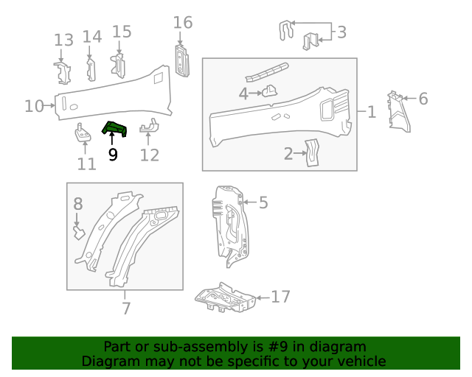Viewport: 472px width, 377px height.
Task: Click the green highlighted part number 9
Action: [x=114, y=129]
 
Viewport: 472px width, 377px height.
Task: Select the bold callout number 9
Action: [x=113, y=155]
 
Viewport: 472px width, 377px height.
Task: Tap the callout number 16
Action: [x=183, y=23]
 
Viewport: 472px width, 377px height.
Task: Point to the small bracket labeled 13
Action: [x=63, y=73]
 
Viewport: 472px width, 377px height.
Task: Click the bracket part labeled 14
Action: [x=91, y=70]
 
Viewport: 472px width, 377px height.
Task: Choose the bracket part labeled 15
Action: [x=118, y=66]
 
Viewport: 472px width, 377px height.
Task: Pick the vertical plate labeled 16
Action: [x=182, y=61]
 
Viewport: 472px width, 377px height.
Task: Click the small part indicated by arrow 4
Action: [x=270, y=91]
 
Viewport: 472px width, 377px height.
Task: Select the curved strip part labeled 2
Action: [x=312, y=152]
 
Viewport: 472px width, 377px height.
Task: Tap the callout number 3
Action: [x=341, y=32]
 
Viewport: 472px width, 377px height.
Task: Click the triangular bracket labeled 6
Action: [x=399, y=111]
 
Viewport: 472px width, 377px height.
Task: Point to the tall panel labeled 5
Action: [x=230, y=225]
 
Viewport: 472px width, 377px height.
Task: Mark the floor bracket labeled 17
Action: [x=225, y=297]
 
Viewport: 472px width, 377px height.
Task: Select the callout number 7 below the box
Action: [x=126, y=309]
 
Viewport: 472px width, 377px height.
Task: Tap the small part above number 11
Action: [x=83, y=133]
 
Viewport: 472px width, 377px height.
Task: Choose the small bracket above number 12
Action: [x=150, y=126]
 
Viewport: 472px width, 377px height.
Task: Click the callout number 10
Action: [x=34, y=106]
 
